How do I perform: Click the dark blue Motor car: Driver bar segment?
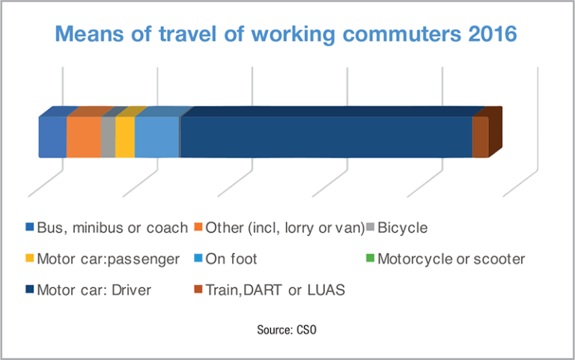click(x=326, y=137)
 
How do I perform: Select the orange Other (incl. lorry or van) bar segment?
click(x=83, y=137)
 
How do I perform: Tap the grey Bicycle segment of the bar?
click(x=108, y=137)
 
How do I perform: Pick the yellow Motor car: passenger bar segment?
click(x=125, y=137)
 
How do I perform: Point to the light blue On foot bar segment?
click(x=156, y=137)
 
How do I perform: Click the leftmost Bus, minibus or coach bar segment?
click(x=52, y=137)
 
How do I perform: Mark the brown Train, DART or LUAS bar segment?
click(x=480, y=137)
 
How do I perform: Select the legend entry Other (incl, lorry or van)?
click(x=285, y=227)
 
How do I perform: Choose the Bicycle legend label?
click(x=402, y=227)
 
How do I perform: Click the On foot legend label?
click(x=232, y=259)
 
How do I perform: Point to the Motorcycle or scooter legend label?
click(x=451, y=259)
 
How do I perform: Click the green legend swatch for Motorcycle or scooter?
click(x=370, y=259)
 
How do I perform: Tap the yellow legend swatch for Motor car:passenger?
click(x=30, y=259)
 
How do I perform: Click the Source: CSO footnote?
click(x=287, y=329)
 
